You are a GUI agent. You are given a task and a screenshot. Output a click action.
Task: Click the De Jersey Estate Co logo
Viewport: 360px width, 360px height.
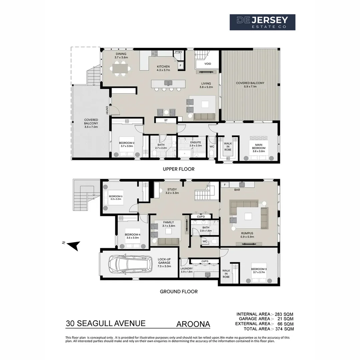(262, 22)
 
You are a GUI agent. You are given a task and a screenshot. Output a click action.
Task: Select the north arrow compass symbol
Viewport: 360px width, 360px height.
(74, 245)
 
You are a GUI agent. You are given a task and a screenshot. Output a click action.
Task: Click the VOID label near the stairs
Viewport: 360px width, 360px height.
(208, 64)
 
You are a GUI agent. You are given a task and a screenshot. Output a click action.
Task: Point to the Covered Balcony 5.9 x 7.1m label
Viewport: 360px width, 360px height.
(250, 85)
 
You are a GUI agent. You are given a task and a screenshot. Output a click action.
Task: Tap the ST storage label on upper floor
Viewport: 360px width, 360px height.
(166, 120)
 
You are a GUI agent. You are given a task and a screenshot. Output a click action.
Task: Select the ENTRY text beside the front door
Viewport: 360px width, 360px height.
(107, 110)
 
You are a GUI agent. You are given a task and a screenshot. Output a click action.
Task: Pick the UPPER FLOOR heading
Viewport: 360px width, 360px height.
(179, 169)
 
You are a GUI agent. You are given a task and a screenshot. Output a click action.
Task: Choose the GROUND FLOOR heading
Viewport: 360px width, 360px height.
(179, 291)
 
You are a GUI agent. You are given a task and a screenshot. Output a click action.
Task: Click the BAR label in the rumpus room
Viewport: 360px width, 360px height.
(237, 190)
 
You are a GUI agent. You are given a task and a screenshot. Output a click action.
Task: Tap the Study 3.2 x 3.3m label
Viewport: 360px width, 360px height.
(172, 191)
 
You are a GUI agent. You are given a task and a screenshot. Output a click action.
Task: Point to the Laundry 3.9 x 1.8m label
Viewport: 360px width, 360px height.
(187, 270)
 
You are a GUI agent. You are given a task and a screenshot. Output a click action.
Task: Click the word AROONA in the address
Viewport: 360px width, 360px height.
(193, 324)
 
